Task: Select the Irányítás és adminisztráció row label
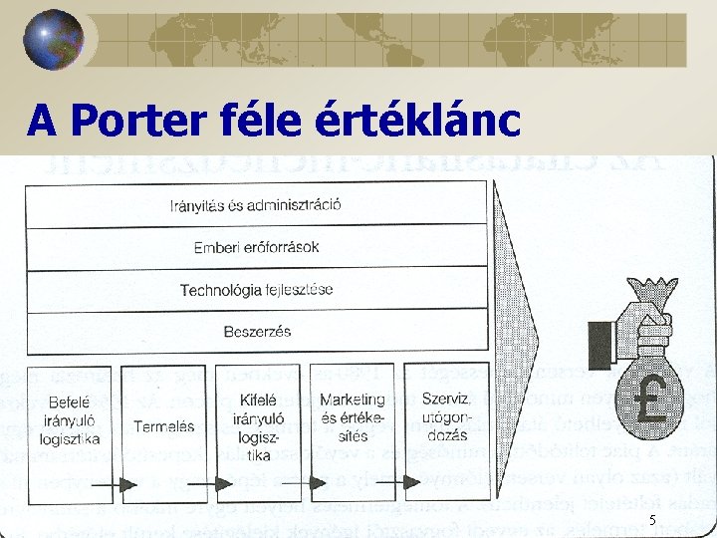pyautogui.click(x=256, y=206)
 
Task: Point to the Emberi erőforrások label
pyautogui.click(x=257, y=248)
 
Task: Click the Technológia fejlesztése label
pyautogui.click(x=257, y=290)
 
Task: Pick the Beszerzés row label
pyautogui.click(x=257, y=331)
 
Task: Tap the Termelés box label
pyautogui.click(x=164, y=426)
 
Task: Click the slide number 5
pyautogui.click(x=652, y=520)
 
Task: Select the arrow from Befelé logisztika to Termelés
pyautogui.click(x=119, y=485)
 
